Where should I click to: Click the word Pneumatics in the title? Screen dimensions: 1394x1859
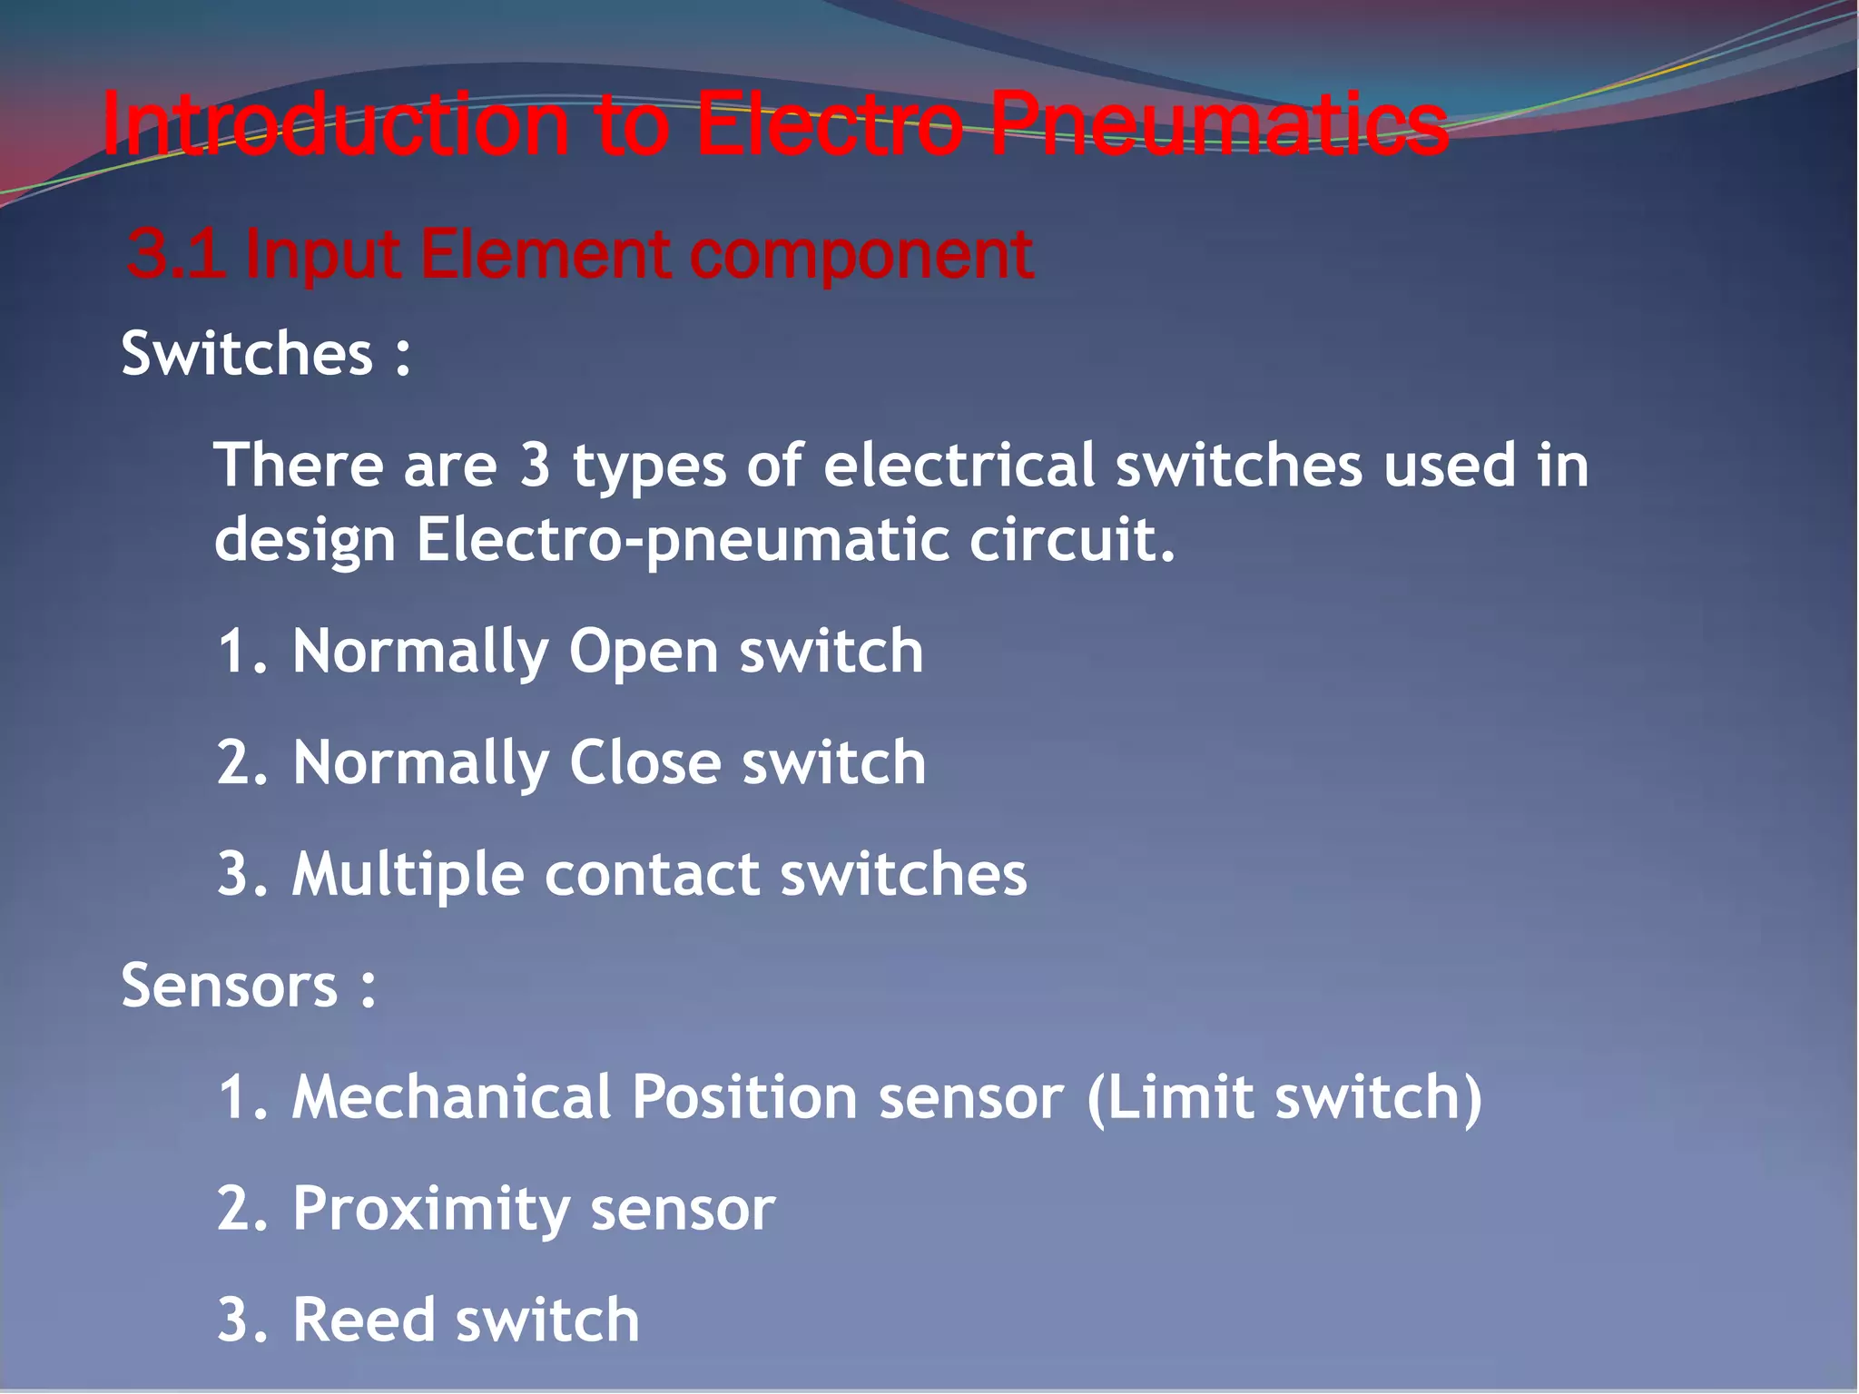tap(1218, 124)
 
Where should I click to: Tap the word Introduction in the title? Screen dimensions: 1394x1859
tap(336, 124)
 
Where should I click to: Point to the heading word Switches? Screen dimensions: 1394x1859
tap(247, 353)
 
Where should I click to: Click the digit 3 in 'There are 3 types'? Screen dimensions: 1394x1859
tap(536, 465)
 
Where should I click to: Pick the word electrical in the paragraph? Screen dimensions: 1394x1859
tap(959, 465)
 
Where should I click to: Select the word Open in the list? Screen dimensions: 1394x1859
tap(644, 653)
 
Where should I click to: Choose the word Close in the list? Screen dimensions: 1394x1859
tap(645, 762)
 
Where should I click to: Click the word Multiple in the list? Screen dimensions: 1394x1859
tap(408, 874)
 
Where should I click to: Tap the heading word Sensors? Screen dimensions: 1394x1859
tap(230, 986)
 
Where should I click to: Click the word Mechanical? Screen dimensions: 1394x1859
tap(451, 1096)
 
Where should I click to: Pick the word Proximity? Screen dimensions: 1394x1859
tap(431, 1209)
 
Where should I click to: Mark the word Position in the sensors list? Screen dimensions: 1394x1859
tap(743, 1096)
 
